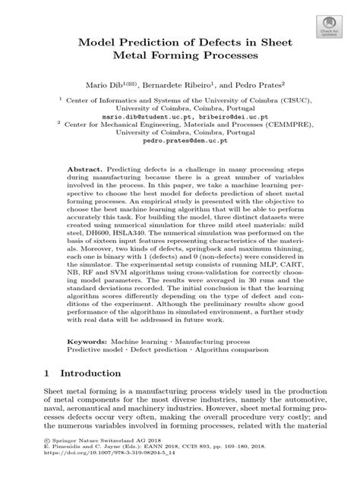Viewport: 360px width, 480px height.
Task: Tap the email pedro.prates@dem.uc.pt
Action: click(180, 151)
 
